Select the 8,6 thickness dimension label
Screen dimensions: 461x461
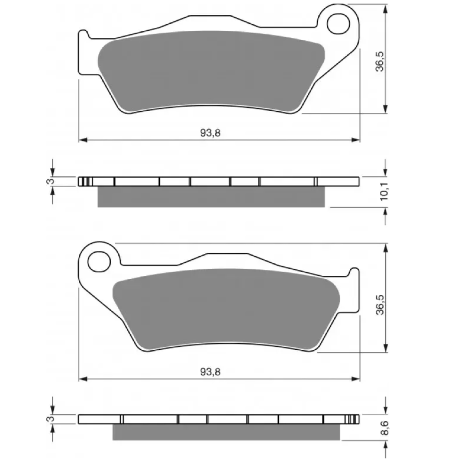[x=384, y=428]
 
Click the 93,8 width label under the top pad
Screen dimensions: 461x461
[x=211, y=133]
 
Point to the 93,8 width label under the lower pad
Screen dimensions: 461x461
[x=211, y=372]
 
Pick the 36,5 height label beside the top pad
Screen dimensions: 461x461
[x=380, y=61]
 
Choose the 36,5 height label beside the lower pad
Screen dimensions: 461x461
[x=380, y=305]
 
